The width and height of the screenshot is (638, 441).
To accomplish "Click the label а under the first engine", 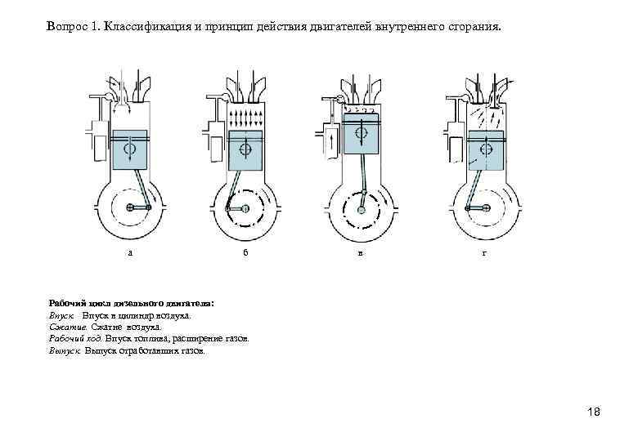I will tap(130, 252).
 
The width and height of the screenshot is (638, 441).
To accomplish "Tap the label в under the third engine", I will tap(362, 252).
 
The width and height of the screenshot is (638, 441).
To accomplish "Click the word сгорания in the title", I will tap(474, 27).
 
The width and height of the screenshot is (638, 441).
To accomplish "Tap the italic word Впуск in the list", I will tap(62, 314).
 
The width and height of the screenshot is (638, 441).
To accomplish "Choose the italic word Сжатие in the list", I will tap(64, 326).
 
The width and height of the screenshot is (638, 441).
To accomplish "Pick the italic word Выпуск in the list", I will tap(65, 350).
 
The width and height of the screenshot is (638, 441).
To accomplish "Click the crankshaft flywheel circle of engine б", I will tap(245, 209).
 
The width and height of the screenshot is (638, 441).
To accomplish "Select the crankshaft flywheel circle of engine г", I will tap(483, 209).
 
